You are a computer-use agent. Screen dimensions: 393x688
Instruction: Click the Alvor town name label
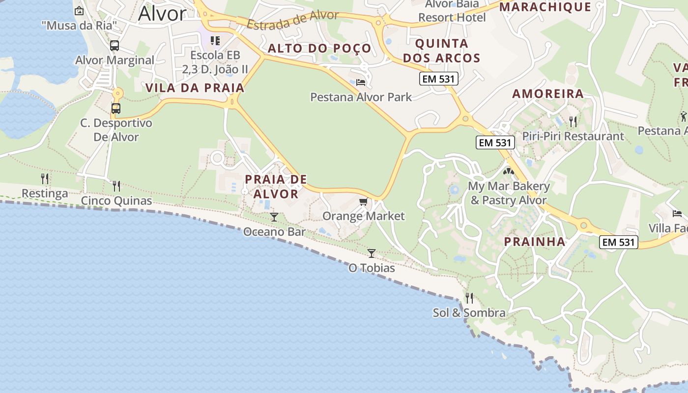tap(162, 14)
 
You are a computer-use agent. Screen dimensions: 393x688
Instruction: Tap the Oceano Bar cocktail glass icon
tap(274, 217)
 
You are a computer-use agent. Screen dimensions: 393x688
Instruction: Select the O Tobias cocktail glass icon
tap(372, 253)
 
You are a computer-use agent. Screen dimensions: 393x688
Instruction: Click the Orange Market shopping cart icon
tap(363, 201)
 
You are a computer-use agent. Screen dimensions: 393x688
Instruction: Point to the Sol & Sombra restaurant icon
tap(469, 298)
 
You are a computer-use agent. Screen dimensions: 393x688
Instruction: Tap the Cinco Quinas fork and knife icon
tap(116, 186)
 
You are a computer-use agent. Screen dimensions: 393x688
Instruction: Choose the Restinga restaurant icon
tap(45, 178)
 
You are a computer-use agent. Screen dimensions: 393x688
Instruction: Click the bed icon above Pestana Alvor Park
tap(361, 82)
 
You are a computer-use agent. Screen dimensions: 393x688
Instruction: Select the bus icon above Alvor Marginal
tap(115, 46)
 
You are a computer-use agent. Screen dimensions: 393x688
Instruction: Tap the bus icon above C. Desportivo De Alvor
tap(116, 108)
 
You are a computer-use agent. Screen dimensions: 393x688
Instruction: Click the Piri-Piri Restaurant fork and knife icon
tap(573, 121)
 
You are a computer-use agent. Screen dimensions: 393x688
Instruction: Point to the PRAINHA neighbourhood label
tap(535, 242)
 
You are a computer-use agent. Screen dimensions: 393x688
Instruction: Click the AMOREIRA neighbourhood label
tap(548, 93)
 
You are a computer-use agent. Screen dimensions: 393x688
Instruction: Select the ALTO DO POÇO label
tap(319, 48)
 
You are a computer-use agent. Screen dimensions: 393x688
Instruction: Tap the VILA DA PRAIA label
tap(195, 88)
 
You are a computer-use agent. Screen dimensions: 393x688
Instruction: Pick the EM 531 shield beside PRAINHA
tap(619, 242)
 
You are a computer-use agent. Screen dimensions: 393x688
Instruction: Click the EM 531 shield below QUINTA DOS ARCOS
tap(439, 78)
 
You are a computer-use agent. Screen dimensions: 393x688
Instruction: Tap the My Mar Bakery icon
tap(508, 172)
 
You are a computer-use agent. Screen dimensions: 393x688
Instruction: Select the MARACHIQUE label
tap(545, 7)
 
